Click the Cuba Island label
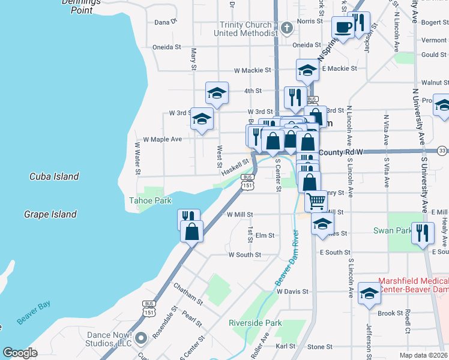[x=54, y=176]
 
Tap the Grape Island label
[x=50, y=214]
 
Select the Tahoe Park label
[x=150, y=200]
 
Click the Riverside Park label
[x=255, y=323]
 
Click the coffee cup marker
[x=343, y=28]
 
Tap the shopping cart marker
[x=316, y=201]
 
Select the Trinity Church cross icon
[x=287, y=28]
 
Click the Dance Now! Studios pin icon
[x=141, y=338]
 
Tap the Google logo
[x=20, y=353]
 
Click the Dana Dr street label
[x=166, y=22]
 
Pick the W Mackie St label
[x=252, y=70]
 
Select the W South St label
[x=244, y=254]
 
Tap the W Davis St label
[x=292, y=292]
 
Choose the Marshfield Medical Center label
[x=414, y=286]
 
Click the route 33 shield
[x=442, y=150]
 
